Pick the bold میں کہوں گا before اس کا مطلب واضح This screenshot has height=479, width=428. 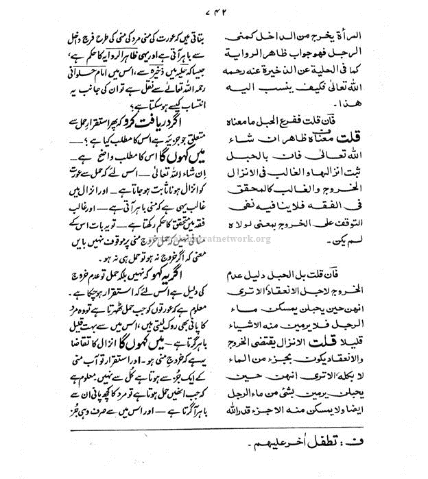[x=141, y=155]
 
